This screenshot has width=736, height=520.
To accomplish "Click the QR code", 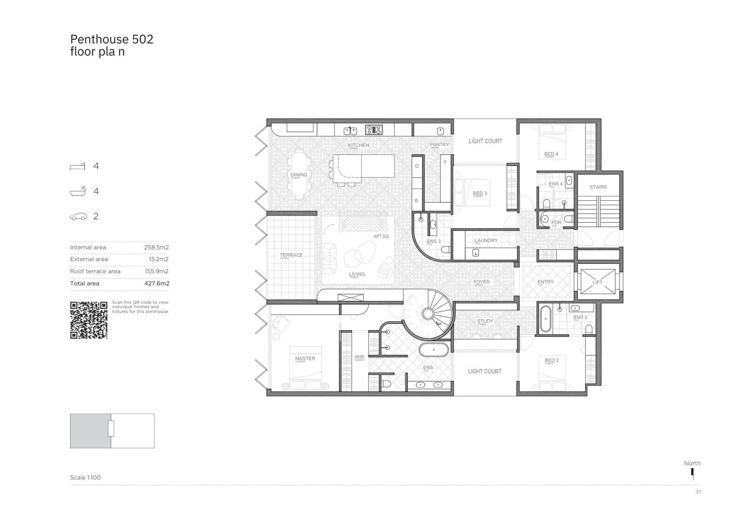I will pyautogui.click(x=89, y=320).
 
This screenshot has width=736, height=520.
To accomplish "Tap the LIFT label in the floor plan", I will pyautogui.click(x=597, y=282).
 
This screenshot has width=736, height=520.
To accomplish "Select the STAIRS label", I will pyautogui.click(x=598, y=187).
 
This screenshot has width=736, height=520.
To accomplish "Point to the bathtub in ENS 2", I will pyautogui.click(x=545, y=319).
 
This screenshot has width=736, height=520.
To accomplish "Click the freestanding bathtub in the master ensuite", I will pyautogui.click(x=434, y=350).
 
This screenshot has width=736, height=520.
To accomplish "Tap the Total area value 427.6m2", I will pyautogui.click(x=157, y=284).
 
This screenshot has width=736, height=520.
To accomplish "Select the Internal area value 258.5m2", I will pyautogui.click(x=156, y=247).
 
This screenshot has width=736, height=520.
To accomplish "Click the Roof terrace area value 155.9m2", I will pyautogui.click(x=157, y=272).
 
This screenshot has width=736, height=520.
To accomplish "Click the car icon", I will pyautogui.click(x=79, y=217).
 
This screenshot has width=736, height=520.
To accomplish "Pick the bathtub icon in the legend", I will pyautogui.click(x=78, y=191).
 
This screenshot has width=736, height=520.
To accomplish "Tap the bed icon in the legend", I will pyautogui.click(x=78, y=166).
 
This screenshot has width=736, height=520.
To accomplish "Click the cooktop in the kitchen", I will pyautogui.click(x=374, y=130).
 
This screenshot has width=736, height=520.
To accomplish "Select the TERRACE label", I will pyautogui.click(x=291, y=255).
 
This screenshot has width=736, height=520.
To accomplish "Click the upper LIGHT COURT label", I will pyautogui.click(x=485, y=141).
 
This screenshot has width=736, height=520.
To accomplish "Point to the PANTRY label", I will pyautogui.click(x=439, y=144).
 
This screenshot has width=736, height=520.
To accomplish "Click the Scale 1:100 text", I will pyautogui.click(x=85, y=478).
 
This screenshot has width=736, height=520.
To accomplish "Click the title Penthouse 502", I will pyautogui.click(x=112, y=39).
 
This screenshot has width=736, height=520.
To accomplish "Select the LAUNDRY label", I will pyautogui.click(x=486, y=240).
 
